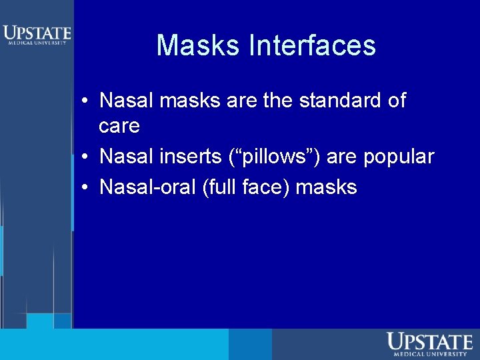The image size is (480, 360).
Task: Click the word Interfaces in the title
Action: pos(312,45)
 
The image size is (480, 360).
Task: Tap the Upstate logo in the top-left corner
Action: pos(36,35)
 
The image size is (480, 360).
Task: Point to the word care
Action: pos(119,125)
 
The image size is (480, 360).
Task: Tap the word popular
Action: pos(398,157)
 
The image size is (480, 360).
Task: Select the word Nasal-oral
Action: pos(147,187)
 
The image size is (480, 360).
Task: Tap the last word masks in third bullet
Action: pos(327,187)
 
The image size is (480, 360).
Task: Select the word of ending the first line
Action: pos(396,101)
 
